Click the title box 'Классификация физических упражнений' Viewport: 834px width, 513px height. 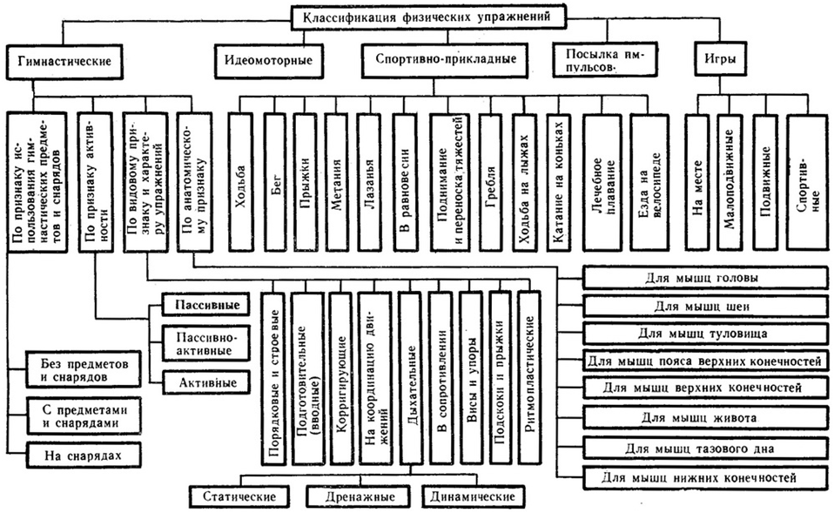[x=429, y=17]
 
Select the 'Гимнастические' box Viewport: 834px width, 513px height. [x=65, y=61]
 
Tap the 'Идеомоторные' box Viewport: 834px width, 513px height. [x=269, y=60]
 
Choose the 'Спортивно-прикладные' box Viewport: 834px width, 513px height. [x=447, y=59]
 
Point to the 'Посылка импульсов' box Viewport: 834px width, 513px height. [x=605, y=60]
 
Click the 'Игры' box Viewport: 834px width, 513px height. [x=720, y=58]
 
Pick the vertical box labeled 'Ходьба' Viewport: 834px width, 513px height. [x=240, y=182]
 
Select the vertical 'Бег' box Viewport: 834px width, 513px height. [x=275, y=182]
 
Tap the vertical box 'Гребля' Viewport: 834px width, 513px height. [x=490, y=182]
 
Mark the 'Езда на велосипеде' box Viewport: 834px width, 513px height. [x=649, y=182]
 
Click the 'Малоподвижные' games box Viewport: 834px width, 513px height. [x=729, y=182]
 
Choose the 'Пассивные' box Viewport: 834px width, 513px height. [x=206, y=306]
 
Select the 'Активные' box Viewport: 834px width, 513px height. [x=206, y=382]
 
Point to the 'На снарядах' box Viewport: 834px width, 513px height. [x=84, y=456]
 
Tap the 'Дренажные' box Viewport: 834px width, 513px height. [x=360, y=497]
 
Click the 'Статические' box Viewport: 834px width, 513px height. [x=239, y=497]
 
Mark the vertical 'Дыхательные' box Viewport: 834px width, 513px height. [x=411, y=378]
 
